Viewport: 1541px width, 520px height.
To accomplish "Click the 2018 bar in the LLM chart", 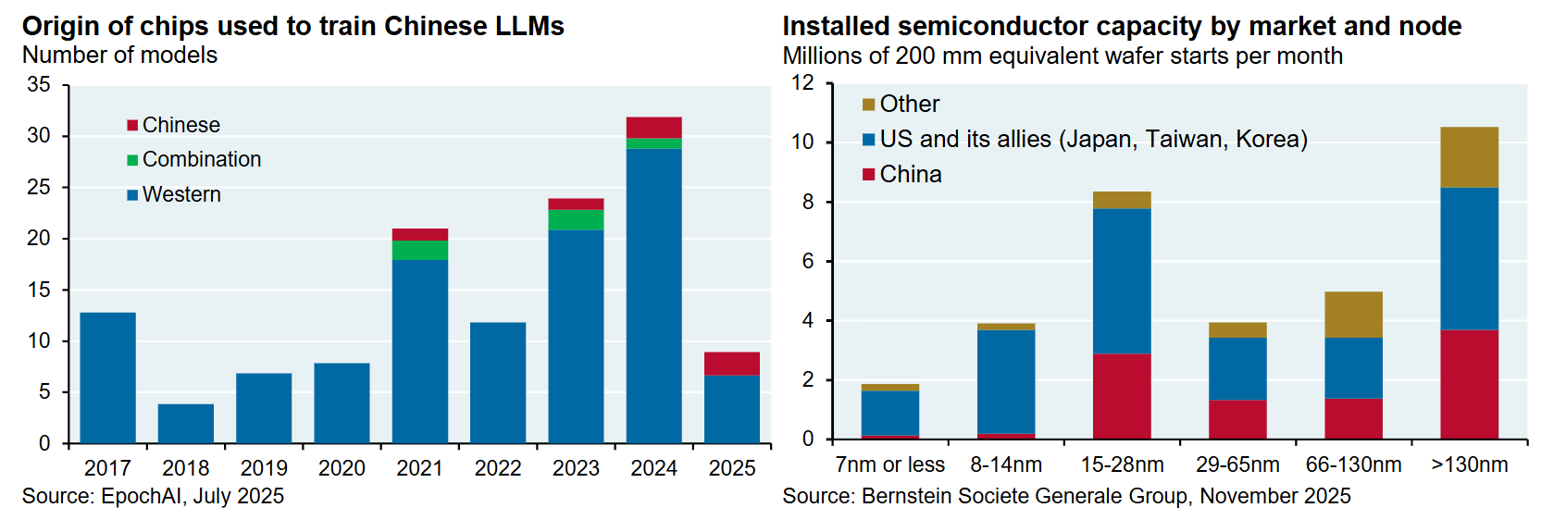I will click(x=186, y=424).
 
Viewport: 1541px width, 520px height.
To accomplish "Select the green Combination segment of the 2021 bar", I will click(x=420, y=250).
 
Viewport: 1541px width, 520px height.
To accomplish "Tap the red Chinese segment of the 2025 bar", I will click(x=732, y=364).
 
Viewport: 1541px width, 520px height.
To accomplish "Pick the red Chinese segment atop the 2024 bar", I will click(x=654, y=128).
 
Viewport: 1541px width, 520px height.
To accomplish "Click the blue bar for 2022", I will click(x=498, y=383).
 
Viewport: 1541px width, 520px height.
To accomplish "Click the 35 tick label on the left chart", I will click(x=39, y=84).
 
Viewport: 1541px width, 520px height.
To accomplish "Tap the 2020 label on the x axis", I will click(x=342, y=468).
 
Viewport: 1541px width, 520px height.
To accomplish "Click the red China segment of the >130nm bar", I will click(x=1470, y=384).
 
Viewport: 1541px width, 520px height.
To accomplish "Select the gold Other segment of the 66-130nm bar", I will click(x=1354, y=315).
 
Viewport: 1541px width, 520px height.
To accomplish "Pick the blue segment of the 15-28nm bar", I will click(x=1122, y=281).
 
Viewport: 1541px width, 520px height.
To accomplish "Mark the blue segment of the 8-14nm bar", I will click(x=1006, y=381).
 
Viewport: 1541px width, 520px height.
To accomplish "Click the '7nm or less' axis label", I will click(x=890, y=464).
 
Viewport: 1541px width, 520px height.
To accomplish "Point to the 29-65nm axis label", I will click(x=1237, y=464).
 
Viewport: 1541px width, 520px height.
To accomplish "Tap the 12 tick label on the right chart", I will click(x=802, y=82).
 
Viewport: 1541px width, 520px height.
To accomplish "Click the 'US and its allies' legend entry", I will click(x=1093, y=139).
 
